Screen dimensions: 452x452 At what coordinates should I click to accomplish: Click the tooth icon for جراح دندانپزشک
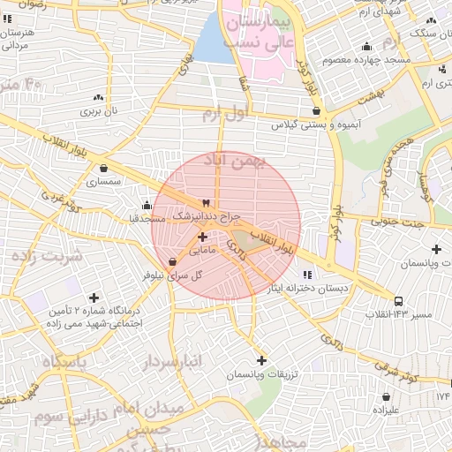pyautogui.click(x=207, y=202)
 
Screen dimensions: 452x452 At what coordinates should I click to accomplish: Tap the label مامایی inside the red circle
pyautogui.click(x=201, y=251)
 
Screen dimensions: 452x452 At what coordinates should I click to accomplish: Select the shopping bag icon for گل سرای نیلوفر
pyautogui.click(x=171, y=261)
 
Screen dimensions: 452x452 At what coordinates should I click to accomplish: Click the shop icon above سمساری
pyautogui.click(x=104, y=168)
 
